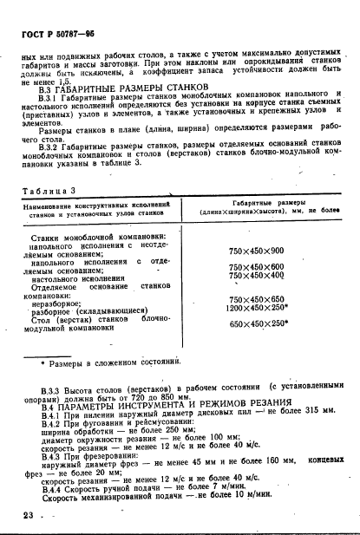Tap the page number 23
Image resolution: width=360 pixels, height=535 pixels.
pos(25,516)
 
